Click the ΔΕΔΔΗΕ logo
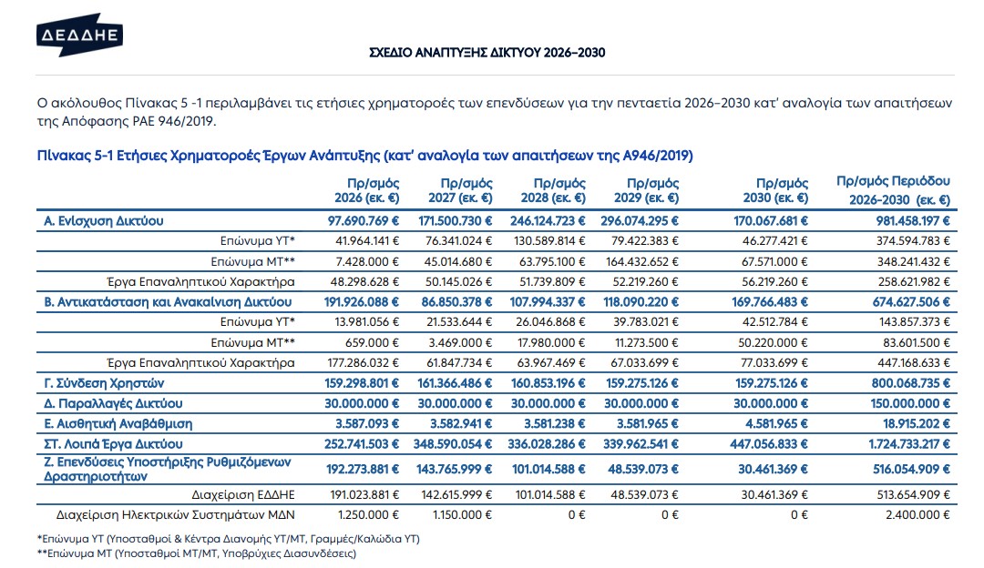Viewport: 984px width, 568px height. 78,35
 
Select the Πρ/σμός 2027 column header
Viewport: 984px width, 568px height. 460,190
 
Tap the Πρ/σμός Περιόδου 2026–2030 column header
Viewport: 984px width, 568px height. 893,190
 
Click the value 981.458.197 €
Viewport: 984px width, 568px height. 903,220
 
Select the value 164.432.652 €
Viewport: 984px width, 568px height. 641,261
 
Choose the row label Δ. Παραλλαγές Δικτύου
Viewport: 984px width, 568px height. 113,403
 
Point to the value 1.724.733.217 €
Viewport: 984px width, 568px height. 899,444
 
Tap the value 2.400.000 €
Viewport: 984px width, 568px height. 912,514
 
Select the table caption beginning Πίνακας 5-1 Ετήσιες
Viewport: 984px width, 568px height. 365,154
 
